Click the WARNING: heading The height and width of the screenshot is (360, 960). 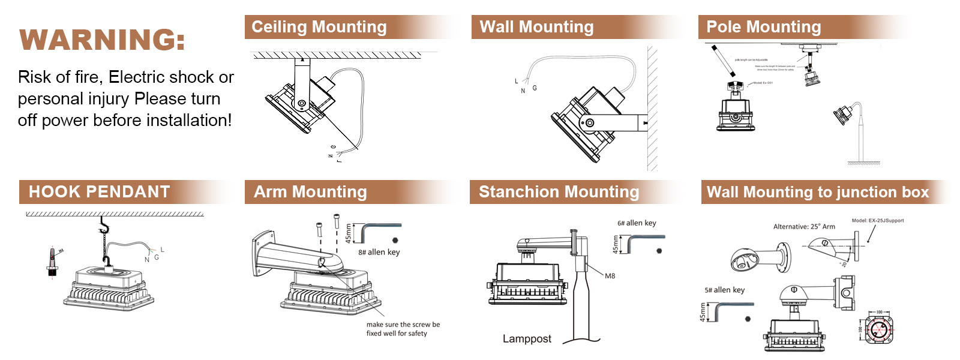pyautogui.click(x=103, y=40)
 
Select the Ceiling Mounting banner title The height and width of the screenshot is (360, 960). pyautogui.click(x=319, y=27)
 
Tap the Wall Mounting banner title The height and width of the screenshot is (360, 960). pyautogui.click(x=536, y=27)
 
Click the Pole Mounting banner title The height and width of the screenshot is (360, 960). pyautogui.click(x=763, y=27)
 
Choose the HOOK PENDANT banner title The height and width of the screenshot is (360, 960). pyautogui.click(x=100, y=192)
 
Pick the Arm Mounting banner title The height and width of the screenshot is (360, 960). pyautogui.click(x=310, y=192)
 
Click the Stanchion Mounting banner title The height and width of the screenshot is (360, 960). pyautogui.click(x=559, y=192)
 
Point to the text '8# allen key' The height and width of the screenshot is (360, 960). pyautogui.click(x=379, y=252)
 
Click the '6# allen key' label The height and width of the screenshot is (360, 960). pyautogui.click(x=637, y=223)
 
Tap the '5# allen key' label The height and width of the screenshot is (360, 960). pyautogui.click(x=724, y=290)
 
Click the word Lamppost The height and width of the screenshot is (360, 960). pyautogui.click(x=527, y=338)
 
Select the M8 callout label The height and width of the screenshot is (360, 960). pyautogui.click(x=610, y=276)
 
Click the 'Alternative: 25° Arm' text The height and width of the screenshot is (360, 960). pyautogui.click(x=804, y=227)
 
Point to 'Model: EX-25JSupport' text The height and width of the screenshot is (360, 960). pyautogui.click(x=877, y=220)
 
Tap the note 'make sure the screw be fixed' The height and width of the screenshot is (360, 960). pyautogui.click(x=403, y=328)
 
